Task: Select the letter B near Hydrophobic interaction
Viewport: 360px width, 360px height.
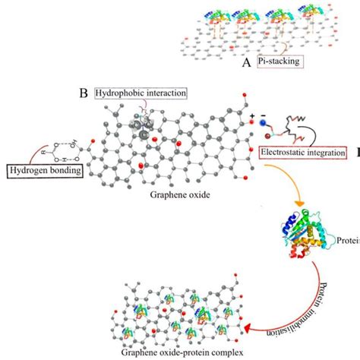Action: coord(84,93)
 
